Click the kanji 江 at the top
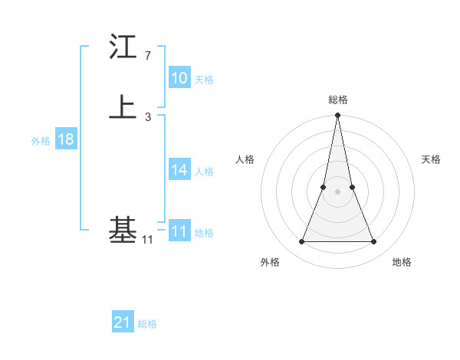click(x=123, y=47)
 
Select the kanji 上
click(x=123, y=106)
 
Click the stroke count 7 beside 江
click(x=147, y=56)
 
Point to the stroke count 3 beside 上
click(x=147, y=116)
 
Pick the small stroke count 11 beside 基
click(x=147, y=240)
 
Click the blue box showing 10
click(x=179, y=78)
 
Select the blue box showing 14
click(x=179, y=170)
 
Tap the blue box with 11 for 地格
click(x=179, y=231)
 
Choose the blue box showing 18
click(x=65, y=139)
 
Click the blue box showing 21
click(x=122, y=322)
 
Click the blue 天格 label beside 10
click(x=204, y=80)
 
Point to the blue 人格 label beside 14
click(x=204, y=172)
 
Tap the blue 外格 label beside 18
click(x=41, y=141)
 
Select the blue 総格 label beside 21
click(x=147, y=324)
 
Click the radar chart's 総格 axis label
click(x=338, y=100)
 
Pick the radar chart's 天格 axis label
click(x=431, y=159)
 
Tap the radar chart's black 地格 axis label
click(x=402, y=262)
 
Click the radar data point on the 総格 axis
click(x=338, y=116)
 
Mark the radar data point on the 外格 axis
click(x=301, y=242)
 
